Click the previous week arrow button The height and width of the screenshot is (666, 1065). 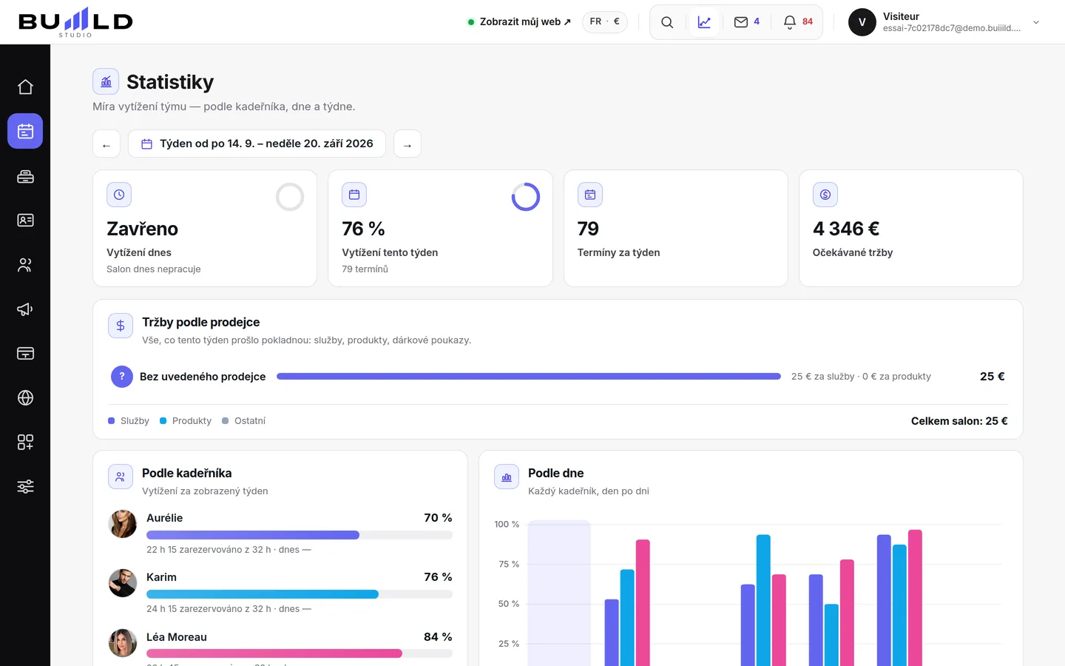[106, 144]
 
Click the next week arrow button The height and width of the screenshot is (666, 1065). [408, 144]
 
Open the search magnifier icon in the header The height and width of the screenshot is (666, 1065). [667, 22]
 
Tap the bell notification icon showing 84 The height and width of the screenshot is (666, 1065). [790, 22]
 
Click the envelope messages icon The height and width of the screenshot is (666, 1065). [741, 22]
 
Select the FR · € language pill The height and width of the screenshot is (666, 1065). [605, 22]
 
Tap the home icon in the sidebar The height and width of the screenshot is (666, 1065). [25, 87]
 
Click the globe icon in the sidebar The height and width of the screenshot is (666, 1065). [25, 397]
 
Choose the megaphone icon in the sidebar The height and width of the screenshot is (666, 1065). [25, 309]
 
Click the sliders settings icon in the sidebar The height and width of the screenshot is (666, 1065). [25, 486]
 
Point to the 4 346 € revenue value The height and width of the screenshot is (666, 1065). [846, 229]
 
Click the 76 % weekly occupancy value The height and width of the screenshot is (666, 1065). [363, 229]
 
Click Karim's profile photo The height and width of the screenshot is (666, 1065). [123, 583]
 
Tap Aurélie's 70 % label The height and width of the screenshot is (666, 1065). [438, 517]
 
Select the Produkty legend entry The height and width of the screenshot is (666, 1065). [186, 421]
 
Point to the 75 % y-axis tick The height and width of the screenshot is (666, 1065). [509, 564]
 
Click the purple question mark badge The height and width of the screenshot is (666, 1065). [122, 377]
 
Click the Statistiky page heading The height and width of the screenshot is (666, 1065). [170, 82]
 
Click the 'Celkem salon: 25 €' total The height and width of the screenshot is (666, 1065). [959, 421]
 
